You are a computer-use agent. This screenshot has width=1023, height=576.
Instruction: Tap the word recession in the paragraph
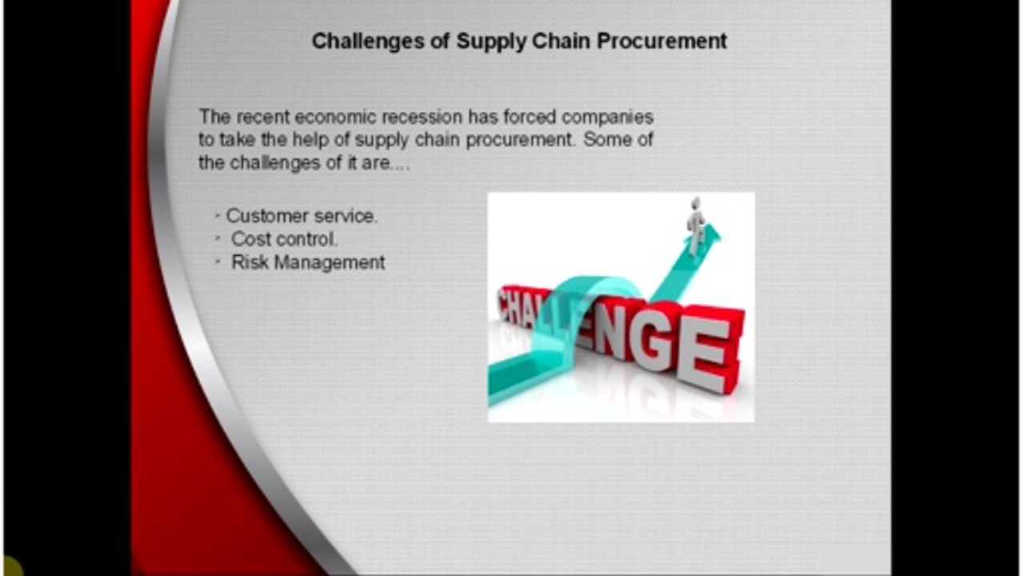tap(421, 117)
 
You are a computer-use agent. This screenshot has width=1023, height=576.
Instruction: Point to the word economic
tap(334, 117)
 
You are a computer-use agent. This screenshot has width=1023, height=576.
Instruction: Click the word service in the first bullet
tap(345, 216)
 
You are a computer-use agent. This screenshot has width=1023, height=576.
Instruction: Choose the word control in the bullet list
tap(307, 239)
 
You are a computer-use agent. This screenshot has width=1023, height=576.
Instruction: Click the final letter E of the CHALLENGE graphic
tap(708, 346)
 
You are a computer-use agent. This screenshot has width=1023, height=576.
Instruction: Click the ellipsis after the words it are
tap(399, 164)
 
